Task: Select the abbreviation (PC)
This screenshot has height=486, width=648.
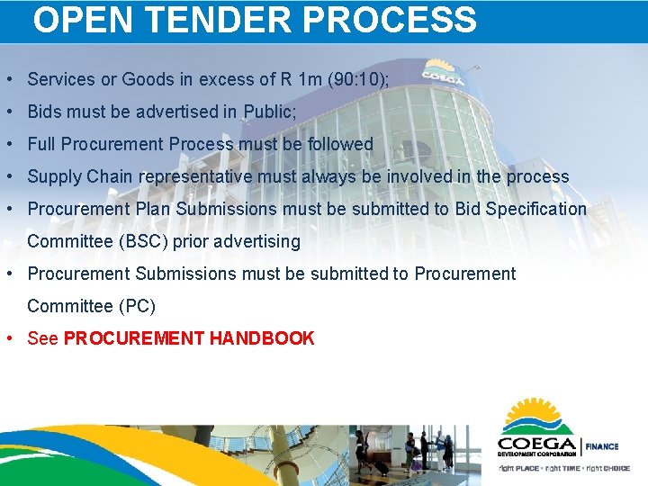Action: pos(137,306)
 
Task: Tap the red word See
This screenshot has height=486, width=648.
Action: pos(43,338)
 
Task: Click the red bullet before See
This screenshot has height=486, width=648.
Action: pos(8,338)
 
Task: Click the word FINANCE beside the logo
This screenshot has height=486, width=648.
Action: pos(602,446)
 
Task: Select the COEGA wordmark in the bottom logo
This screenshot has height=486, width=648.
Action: pos(537,444)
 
